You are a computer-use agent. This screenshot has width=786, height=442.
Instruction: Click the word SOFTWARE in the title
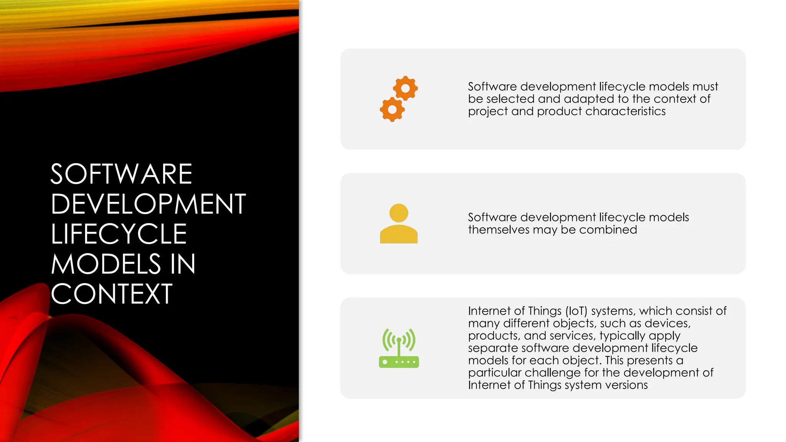[121, 174]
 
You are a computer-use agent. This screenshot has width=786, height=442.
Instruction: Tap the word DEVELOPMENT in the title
[148, 204]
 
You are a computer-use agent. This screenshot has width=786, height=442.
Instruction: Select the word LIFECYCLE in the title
[119, 234]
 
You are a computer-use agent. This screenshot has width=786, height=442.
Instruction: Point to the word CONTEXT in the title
[111, 294]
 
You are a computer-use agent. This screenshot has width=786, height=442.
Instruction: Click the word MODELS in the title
[106, 264]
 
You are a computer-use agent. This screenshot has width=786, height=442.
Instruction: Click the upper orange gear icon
[405, 88]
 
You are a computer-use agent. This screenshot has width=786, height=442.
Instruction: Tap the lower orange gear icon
[392, 110]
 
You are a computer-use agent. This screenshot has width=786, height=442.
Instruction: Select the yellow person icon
[399, 224]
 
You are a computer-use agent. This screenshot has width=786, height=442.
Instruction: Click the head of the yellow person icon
[399, 213]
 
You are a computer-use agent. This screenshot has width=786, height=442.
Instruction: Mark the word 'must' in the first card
[705, 87]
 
